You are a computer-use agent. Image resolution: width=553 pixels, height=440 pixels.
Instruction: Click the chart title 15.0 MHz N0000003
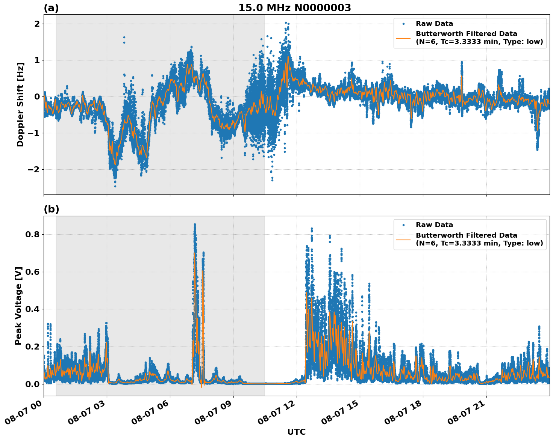[x=294, y=8]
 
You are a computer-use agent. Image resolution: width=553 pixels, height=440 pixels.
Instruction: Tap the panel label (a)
[x=51, y=8]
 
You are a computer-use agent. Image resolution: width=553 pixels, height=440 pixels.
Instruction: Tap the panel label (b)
[x=52, y=209]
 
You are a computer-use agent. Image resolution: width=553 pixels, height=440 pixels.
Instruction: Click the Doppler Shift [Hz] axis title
[x=20, y=104]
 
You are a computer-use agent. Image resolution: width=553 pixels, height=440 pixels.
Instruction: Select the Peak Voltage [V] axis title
[x=18, y=306]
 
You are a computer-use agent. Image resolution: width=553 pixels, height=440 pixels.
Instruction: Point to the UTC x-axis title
[x=296, y=432]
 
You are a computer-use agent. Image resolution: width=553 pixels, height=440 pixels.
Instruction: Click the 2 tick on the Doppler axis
[x=37, y=24]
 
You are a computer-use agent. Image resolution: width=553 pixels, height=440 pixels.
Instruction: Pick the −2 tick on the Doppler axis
[x=34, y=170]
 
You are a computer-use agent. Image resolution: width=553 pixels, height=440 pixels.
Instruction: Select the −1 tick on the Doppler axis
[x=34, y=133]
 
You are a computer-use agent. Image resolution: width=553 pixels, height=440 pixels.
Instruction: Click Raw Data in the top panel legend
[x=434, y=24]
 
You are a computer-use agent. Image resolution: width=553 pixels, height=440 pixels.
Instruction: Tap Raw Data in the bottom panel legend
[x=434, y=225]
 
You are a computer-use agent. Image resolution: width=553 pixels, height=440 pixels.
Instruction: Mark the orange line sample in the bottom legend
[x=403, y=239]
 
